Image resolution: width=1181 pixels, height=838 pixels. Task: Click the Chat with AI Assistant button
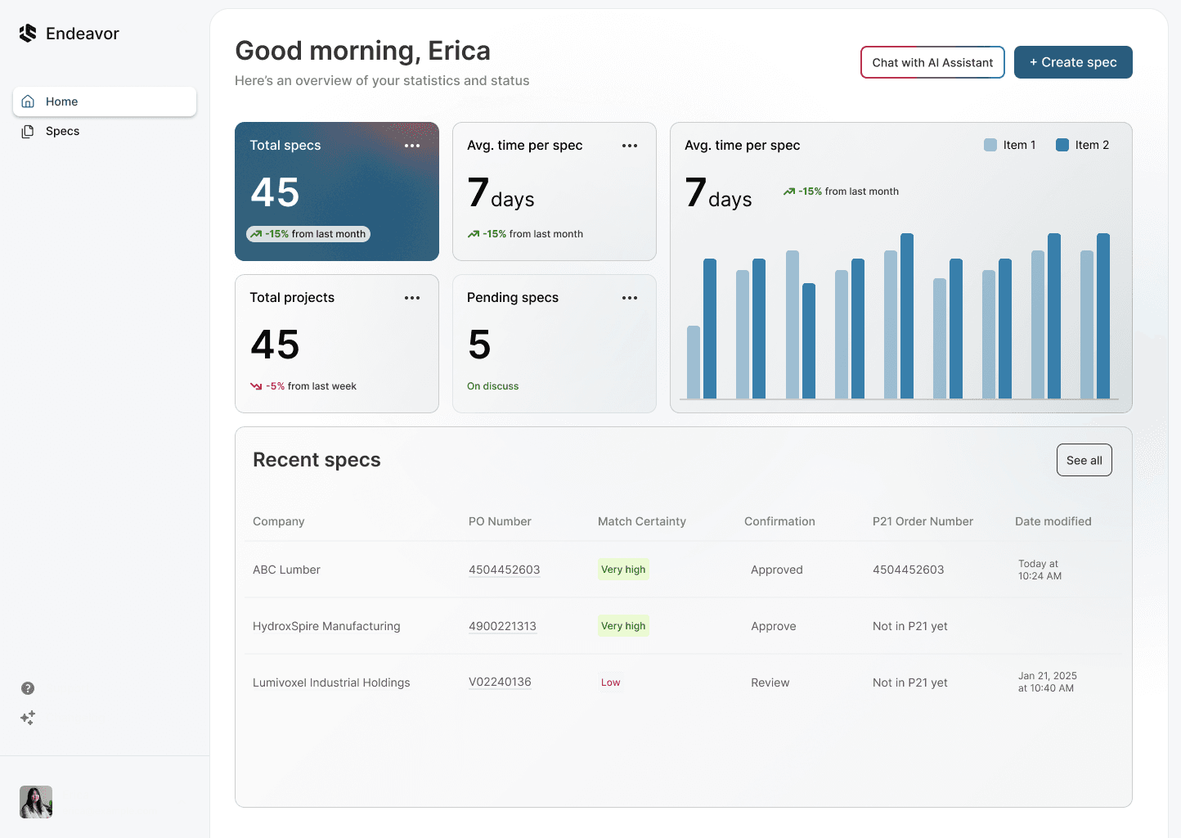[932, 62]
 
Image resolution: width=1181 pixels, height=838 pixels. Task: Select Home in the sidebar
[105, 101]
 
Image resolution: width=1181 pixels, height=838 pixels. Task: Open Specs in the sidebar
[62, 131]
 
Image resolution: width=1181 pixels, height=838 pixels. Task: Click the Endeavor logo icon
[28, 34]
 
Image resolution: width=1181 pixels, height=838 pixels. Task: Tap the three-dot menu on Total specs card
[412, 146]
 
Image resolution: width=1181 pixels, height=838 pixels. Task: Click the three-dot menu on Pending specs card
[630, 298]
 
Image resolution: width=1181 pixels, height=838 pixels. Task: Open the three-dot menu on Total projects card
[412, 298]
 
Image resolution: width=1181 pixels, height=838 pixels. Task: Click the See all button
[1084, 460]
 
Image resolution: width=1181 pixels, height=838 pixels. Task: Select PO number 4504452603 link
[504, 570]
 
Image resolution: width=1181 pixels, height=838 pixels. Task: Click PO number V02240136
[500, 682]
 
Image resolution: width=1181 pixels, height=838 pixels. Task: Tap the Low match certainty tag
[610, 683]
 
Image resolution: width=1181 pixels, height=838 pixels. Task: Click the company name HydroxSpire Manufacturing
[326, 626]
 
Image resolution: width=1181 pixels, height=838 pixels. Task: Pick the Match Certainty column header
[641, 521]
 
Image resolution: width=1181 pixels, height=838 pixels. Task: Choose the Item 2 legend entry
[1082, 145]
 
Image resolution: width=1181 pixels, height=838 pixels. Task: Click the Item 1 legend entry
[1010, 145]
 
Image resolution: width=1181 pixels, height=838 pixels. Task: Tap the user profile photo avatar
[36, 802]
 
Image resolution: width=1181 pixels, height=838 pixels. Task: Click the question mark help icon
[28, 688]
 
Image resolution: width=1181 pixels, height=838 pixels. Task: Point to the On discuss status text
[492, 386]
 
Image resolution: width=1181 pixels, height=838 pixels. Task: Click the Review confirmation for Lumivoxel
[770, 683]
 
